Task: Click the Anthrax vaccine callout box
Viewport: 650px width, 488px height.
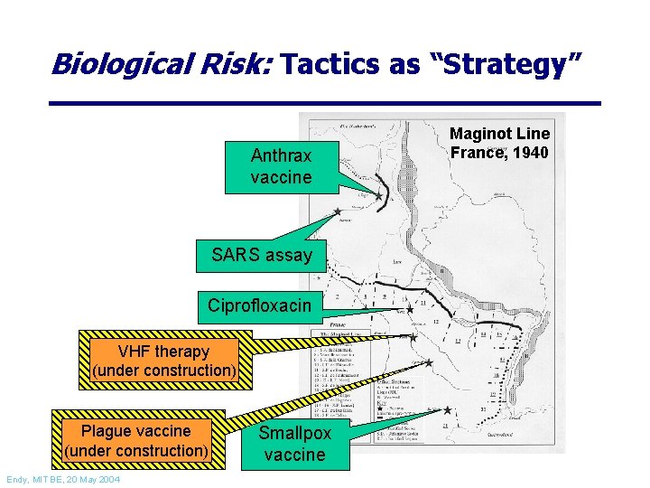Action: click(x=281, y=167)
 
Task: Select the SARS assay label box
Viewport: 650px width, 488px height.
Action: click(x=261, y=255)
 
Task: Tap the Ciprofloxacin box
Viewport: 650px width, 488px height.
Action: click(x=259, y=305)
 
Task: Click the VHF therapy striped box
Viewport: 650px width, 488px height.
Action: click(x=163, y=361)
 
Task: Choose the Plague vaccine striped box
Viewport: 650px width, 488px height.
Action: click(x=135, y=440)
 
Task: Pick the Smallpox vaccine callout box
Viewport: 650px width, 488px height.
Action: click(x=294, y=444)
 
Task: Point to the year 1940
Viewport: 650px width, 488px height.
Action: click(x=528, y=153)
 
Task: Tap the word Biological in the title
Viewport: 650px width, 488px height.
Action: click(x=113, y=63)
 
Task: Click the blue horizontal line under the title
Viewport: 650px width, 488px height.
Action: click(x=325, y=102)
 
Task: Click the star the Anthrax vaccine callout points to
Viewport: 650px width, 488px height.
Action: click(x=378, y=195)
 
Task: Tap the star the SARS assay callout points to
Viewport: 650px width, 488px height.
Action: click(x=338, y=212)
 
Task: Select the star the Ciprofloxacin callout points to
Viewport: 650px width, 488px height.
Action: click(x=409, y=309)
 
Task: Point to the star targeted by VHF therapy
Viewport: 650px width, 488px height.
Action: click(x=413, y=337)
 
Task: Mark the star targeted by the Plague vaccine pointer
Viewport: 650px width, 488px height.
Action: click(x=429, y=362)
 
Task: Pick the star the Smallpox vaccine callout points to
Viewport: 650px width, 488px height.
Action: click(x=447, y=410)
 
